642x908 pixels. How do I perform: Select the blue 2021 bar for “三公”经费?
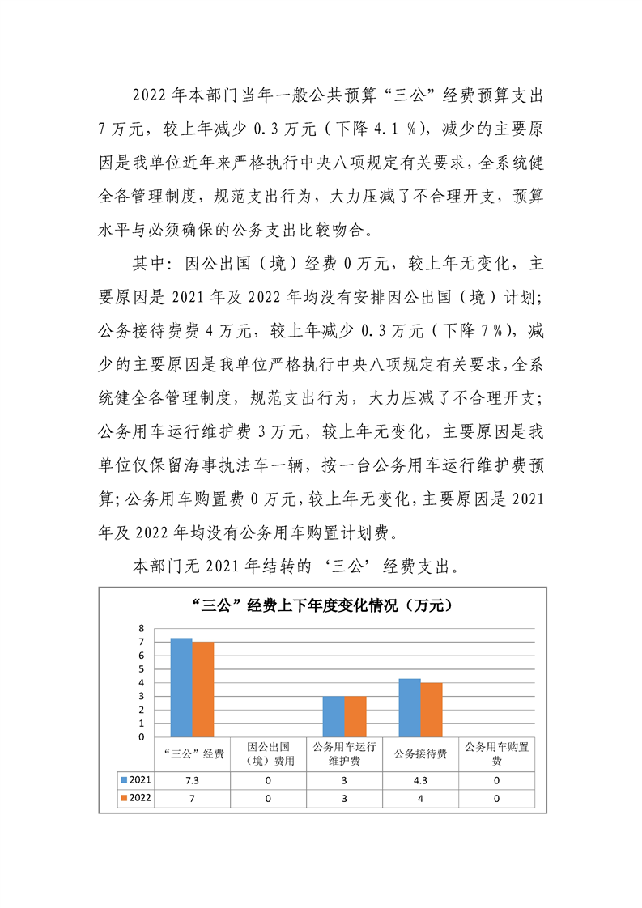(x=181, y=687)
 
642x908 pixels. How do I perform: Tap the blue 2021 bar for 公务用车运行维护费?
(x=334, y=716)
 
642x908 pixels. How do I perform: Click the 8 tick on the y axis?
(x=141, y=628)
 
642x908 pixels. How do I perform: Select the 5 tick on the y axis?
(x=141, y=669)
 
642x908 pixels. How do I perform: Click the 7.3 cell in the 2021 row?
(x=193, y=780)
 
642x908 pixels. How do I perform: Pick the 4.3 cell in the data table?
(x=420, y=780)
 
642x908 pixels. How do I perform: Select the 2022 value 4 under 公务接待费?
(x=420, y=798)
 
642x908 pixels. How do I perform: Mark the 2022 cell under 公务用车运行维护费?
(x=344, y=798)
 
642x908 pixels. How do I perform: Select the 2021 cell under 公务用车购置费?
(x=496, y=780)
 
